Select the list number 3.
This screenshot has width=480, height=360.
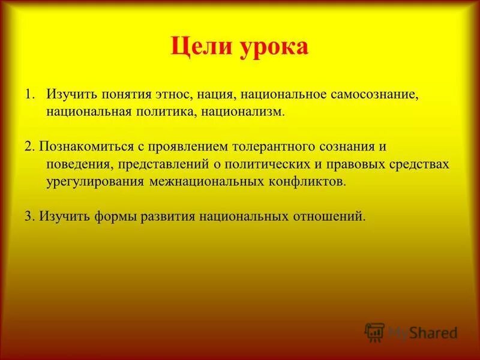(x=29, y=216)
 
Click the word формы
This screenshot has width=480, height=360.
(x=116, y=216)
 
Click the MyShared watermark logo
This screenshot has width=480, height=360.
(x=412, y=332)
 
